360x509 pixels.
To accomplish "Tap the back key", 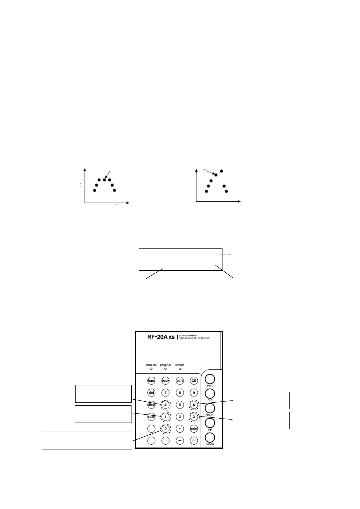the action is click(x=165, y=381).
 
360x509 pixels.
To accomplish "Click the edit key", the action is click(x=180, y=381).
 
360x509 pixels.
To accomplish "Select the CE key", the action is click(x=194, y=381).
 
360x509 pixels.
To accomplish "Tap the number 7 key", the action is click(x=165, y=393).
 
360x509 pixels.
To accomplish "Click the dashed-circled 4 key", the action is click(x=165, y=404).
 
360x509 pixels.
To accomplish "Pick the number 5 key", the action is click(x=180, y=404).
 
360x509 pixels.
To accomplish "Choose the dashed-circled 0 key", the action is click(x=165, y=429).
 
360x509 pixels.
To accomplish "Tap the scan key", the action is click(x=151, y=417).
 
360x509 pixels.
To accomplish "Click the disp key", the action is click(x=151, y=404).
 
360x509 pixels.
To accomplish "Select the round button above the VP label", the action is click(x=210, y=423).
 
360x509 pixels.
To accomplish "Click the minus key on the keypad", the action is click(x=180, y=441).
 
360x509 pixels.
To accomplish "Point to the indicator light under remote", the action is click(x=180, y=369).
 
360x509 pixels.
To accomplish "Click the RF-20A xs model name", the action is click(x=161, y=337).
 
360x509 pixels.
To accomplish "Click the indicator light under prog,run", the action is click(x=165, y=369).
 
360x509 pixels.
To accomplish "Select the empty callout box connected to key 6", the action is click(x=261, y=400).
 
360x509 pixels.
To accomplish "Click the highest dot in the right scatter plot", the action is click(x=221, y=171).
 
